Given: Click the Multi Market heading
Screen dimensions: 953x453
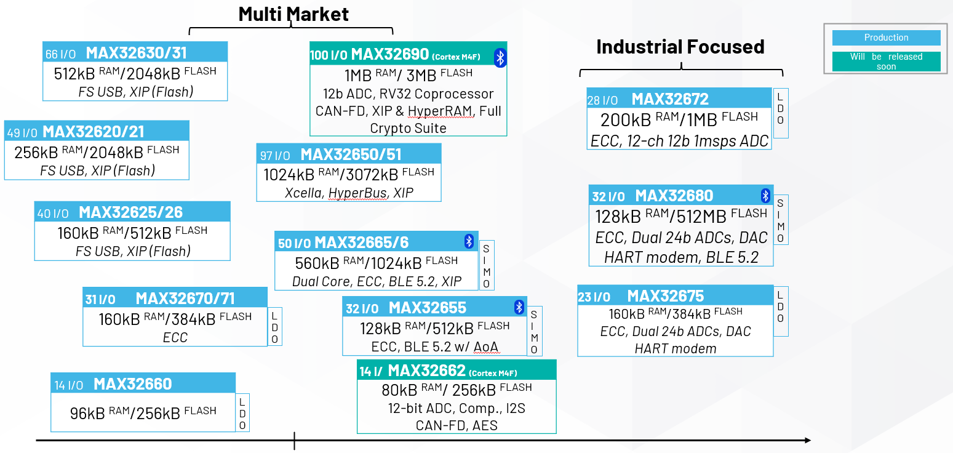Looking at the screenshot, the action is (293, 14).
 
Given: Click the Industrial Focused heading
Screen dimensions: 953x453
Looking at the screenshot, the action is (680, 46).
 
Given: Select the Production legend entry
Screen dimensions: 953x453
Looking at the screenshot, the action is (886, 38).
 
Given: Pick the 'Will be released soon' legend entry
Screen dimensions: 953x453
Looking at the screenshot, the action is (886, 62).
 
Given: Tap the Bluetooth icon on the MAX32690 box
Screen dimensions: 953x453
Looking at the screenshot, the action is (500, 57).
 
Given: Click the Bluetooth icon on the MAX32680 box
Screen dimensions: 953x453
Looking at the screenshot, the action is (765, 196).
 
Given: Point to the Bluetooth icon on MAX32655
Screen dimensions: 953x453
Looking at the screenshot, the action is (519, 307).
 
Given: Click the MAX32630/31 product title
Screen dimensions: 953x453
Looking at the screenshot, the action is (136, 53).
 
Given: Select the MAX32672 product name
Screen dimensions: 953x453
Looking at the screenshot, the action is (670, 98).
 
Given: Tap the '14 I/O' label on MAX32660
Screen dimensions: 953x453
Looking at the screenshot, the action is (68, 385).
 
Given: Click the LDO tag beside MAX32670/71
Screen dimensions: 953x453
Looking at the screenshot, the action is (274, 327).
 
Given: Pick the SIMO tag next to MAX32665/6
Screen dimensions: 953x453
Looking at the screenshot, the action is (486, 266).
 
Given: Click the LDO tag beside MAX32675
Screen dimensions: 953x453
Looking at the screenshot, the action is (780, 311).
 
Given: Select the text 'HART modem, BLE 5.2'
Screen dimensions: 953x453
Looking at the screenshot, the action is (681, 257).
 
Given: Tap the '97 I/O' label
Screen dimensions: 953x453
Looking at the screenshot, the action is (275, 155).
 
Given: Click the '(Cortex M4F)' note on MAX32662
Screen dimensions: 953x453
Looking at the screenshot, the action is (493, 373).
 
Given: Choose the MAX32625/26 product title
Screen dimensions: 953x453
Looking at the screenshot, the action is (130, 212).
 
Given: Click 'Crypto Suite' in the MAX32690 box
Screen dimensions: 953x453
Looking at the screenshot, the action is (408, 128).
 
